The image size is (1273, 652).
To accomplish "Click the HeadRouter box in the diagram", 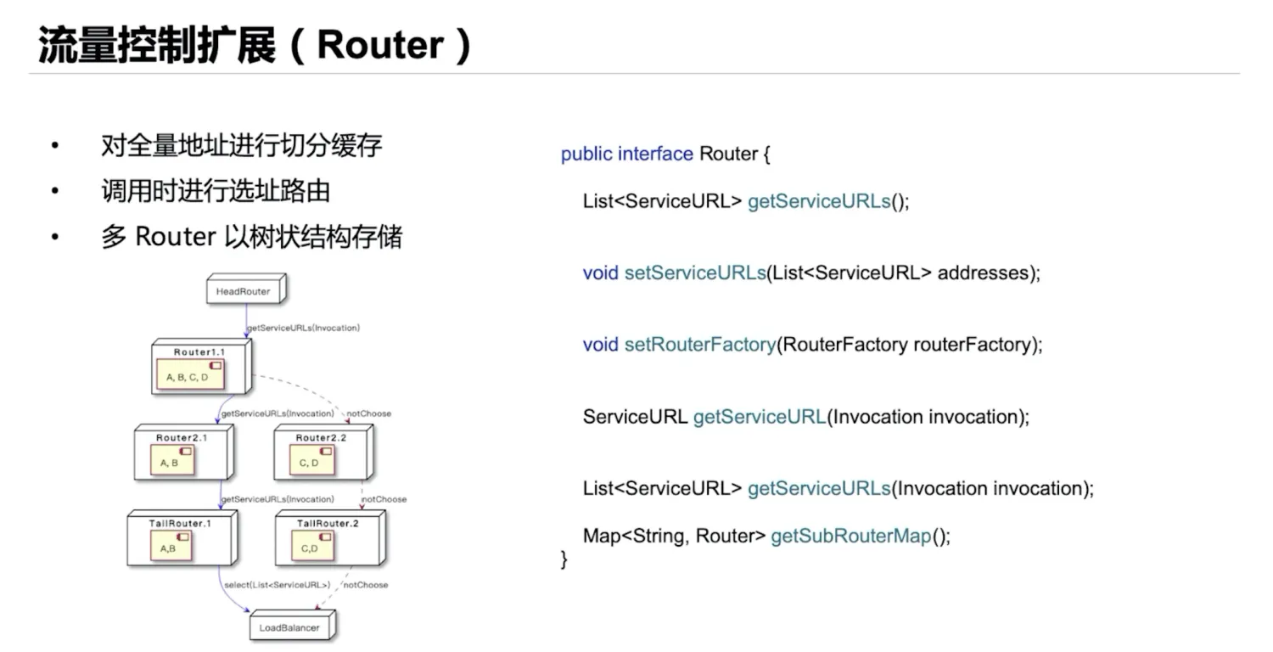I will (x=243, y=291).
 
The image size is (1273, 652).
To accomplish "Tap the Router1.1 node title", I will (x=199, y=351).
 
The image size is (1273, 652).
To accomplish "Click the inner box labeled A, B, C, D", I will (x=188, y=376).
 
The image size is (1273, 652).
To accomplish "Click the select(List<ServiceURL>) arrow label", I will (x=277, y=585).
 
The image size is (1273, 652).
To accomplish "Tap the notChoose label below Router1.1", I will (x=371, y=413).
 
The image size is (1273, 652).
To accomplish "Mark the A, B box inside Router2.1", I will (x=171, y=463).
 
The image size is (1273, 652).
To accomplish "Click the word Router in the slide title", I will (x=380, y=45).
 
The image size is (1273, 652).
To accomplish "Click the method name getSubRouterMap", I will (x=850, y=537).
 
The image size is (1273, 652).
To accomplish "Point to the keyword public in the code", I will (x=586, y=155).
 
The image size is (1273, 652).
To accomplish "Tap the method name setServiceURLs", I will (x=695, y=273).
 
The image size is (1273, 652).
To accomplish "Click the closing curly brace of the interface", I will (x=564, y=559).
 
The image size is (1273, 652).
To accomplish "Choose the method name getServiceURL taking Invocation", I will (x=760, y=417).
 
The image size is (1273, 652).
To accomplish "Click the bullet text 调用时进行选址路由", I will (x=215, y=191).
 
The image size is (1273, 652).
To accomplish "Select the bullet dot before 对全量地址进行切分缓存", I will (x=55, y=146).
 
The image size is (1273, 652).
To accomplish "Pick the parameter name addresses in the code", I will (x=984, y=273).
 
